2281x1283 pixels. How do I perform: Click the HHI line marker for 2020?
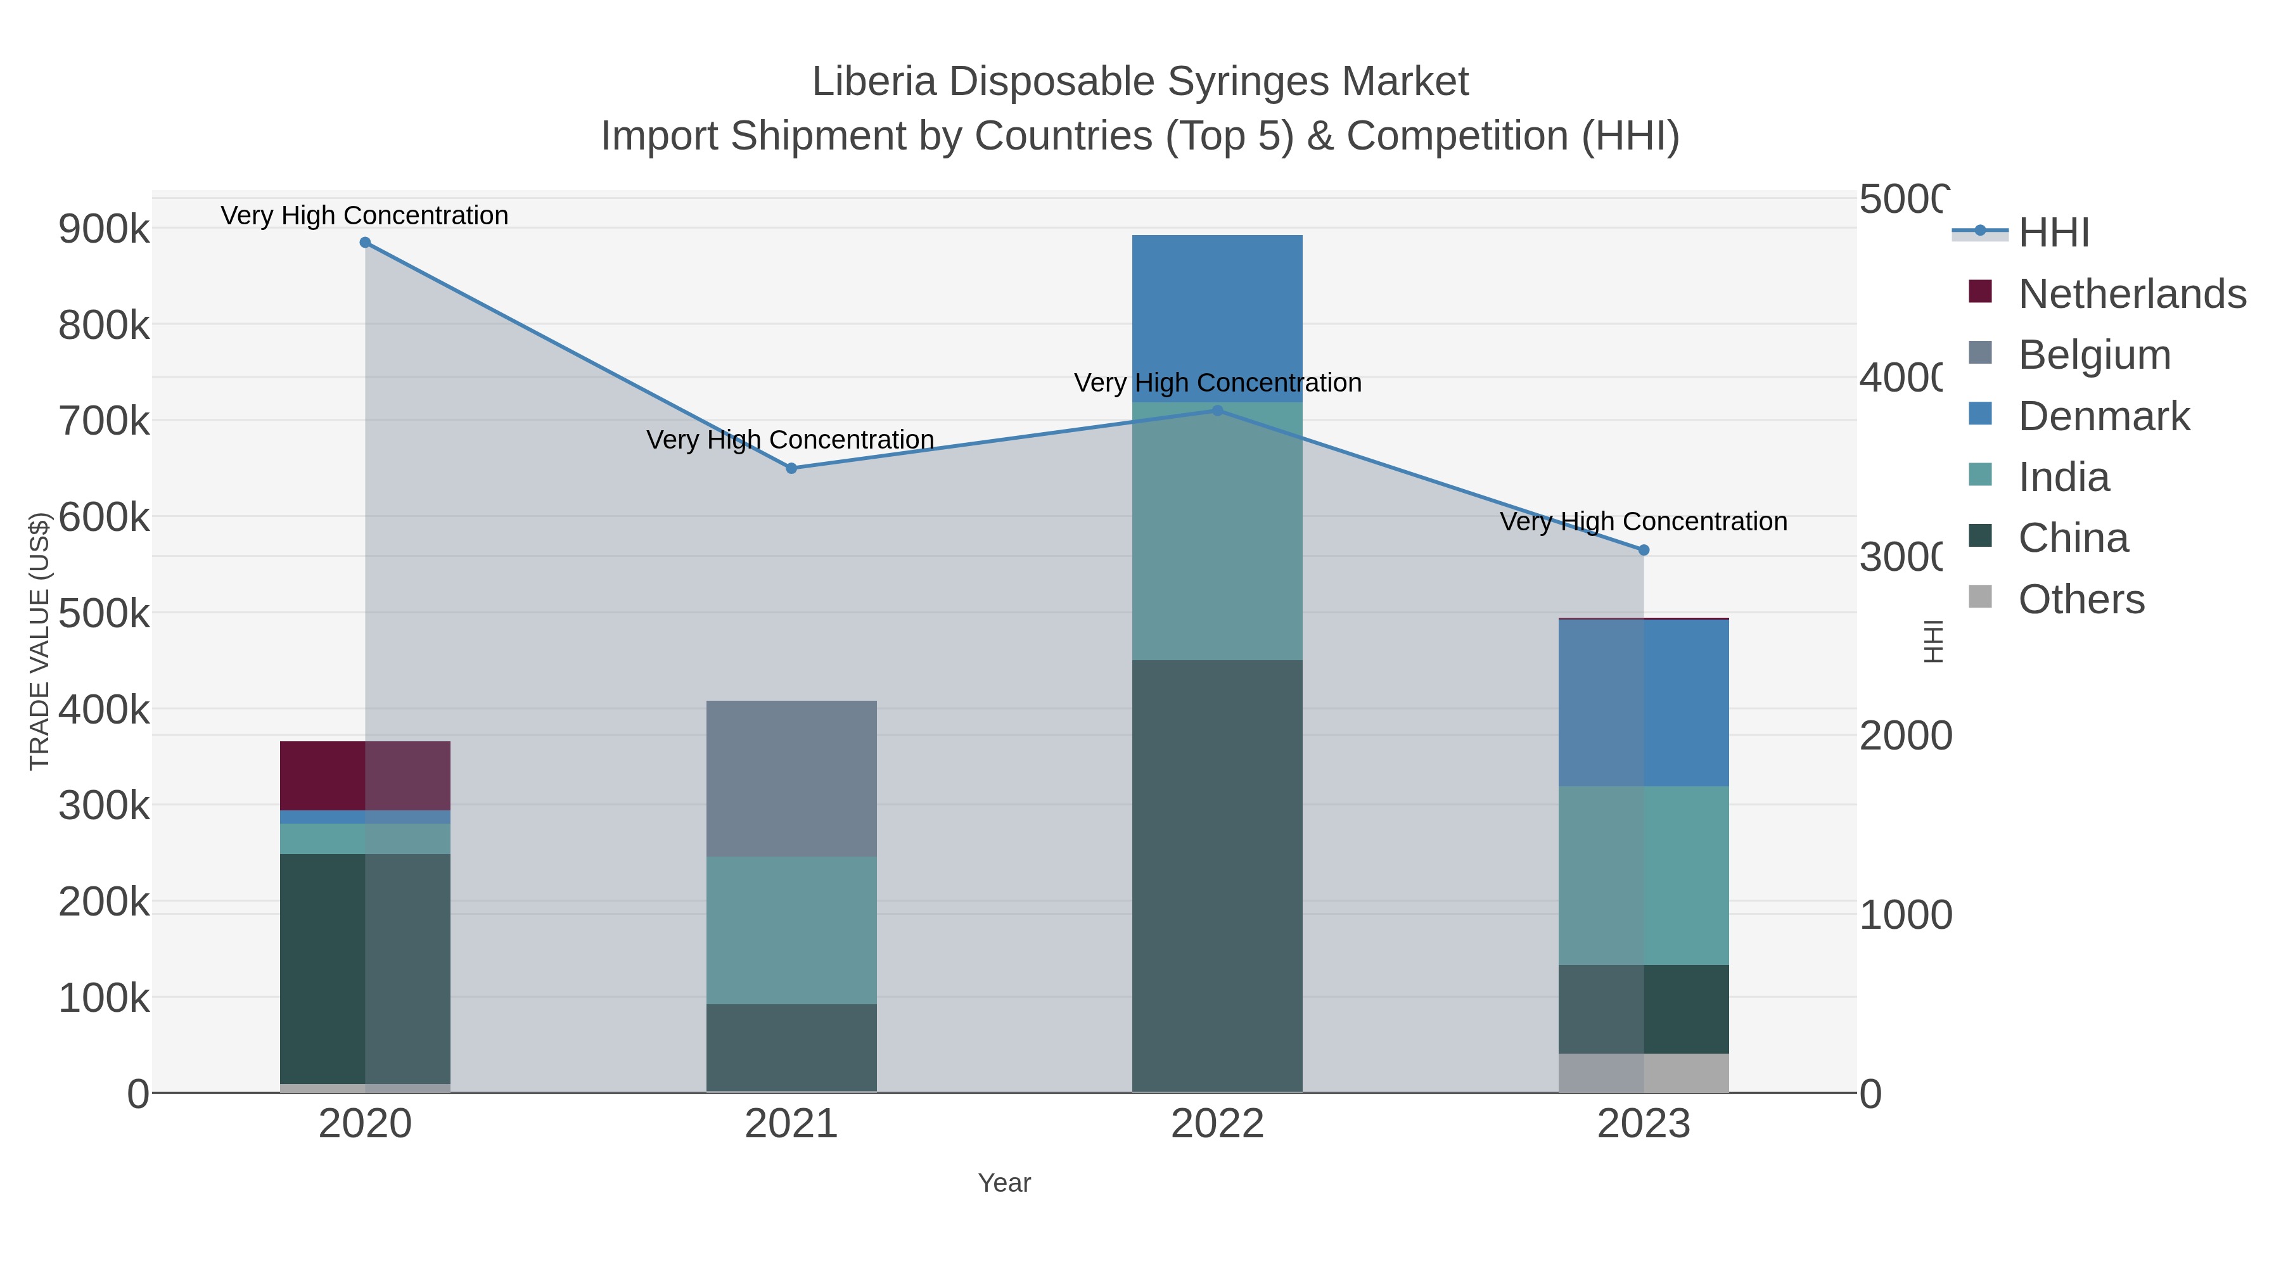(365, 243)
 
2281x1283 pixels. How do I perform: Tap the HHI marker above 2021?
(791, 468)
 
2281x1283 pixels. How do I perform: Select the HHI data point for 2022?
(1218, 411)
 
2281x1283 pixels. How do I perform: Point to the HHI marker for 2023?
(1644, 550)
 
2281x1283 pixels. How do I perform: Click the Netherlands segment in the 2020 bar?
(365, 776)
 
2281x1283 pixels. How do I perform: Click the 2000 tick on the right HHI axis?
(1904, 736)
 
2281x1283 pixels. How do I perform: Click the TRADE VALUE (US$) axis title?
(40, 641)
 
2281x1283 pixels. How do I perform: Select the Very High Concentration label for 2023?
(1644, 521)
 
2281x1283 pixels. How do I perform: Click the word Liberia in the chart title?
(873, 82)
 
